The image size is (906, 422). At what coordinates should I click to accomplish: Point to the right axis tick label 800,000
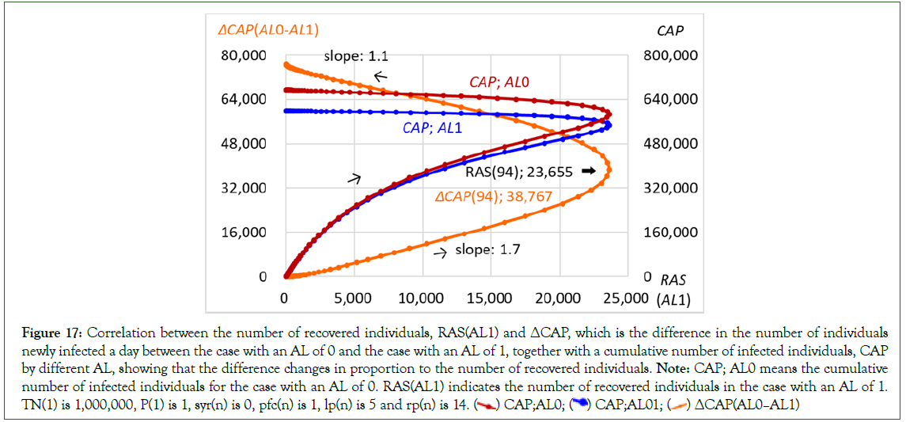coord(669,55)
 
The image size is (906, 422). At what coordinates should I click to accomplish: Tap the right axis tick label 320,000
coord(669,188)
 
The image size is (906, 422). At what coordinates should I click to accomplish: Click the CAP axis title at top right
coord(670,30)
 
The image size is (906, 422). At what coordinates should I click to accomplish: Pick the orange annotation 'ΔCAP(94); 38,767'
coord(494,196)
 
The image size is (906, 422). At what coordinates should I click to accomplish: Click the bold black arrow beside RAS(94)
coord(587,170)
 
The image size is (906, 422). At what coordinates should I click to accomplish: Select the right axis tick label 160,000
coord(669,233)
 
